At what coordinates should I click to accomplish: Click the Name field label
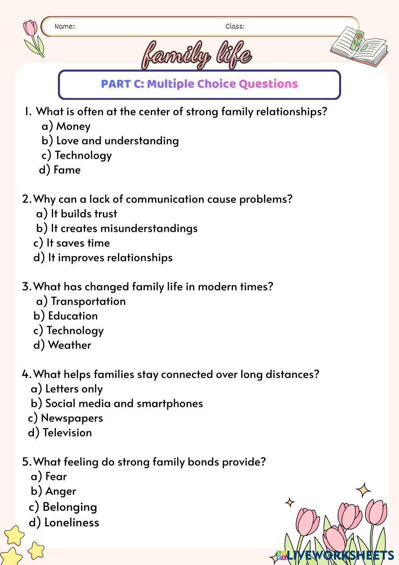[x=65, y=26]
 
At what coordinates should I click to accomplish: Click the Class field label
[x=235, y=26]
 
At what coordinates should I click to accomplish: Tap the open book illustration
[x=359, y=46]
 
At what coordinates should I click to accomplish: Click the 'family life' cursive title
[x=197, y=55]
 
